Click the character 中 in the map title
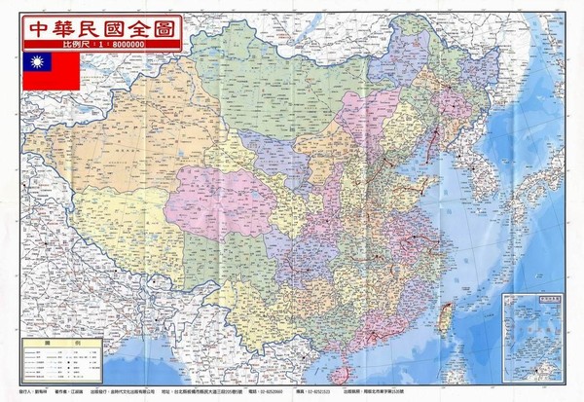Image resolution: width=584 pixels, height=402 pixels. point(41,24)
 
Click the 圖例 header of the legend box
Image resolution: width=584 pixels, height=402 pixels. point(63,345)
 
